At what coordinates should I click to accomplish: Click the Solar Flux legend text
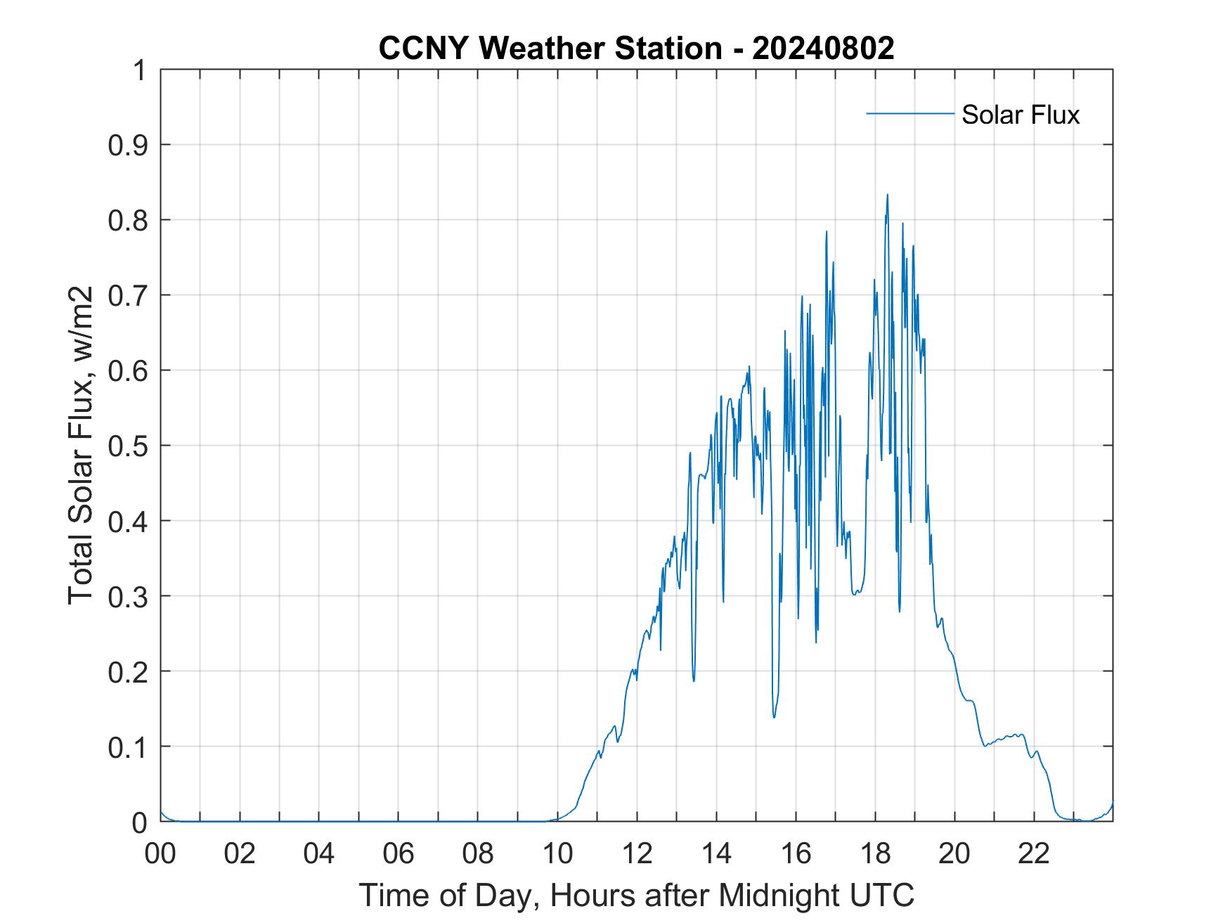[1020, 115]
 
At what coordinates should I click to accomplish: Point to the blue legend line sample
[909, 113]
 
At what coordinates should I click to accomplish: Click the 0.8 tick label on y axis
[129, 221]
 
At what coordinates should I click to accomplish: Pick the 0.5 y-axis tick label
[129, 446]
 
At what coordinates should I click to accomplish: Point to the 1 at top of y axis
[140, 71]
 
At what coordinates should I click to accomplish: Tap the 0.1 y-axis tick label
[129, 747]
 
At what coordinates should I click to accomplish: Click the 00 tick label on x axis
[160, 854]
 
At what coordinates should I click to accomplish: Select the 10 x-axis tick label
[557, 854]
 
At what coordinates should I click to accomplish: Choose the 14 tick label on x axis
[716, 854]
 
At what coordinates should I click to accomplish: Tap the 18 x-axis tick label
[875, 854]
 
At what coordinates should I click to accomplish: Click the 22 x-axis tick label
[1034, 854]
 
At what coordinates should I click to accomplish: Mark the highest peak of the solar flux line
[887, 195]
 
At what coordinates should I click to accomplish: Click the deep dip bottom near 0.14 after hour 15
[774, 716]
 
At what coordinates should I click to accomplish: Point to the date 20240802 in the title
[823, 49]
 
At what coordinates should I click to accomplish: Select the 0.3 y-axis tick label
[129, 597]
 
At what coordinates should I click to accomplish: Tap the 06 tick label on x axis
[399, 854]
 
